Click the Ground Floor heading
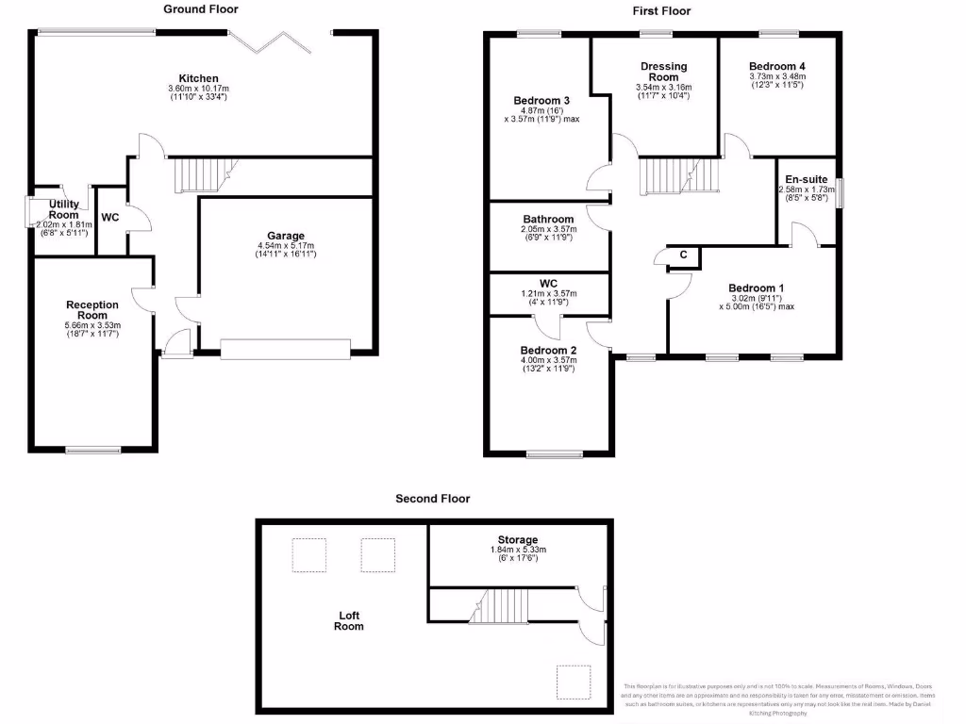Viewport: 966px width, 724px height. click(200, 9)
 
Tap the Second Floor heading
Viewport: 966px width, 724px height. click(432, 499)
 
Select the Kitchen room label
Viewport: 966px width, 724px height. click(199, 78)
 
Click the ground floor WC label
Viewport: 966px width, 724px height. click(110, 218)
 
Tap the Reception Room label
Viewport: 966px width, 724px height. click(92, 309)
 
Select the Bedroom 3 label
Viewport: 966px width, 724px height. click(541, 101)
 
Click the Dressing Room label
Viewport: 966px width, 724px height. click(663, 72)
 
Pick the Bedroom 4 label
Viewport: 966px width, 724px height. click(777, 66)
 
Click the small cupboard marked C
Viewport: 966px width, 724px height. click(683, 255)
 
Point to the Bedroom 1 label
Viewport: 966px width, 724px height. click(756, 288)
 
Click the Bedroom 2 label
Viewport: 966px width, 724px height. click(548, 350)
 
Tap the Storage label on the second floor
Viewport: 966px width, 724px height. click(519, 539)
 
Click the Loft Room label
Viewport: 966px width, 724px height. click(350, 621)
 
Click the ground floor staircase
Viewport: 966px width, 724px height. click(199, 174)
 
